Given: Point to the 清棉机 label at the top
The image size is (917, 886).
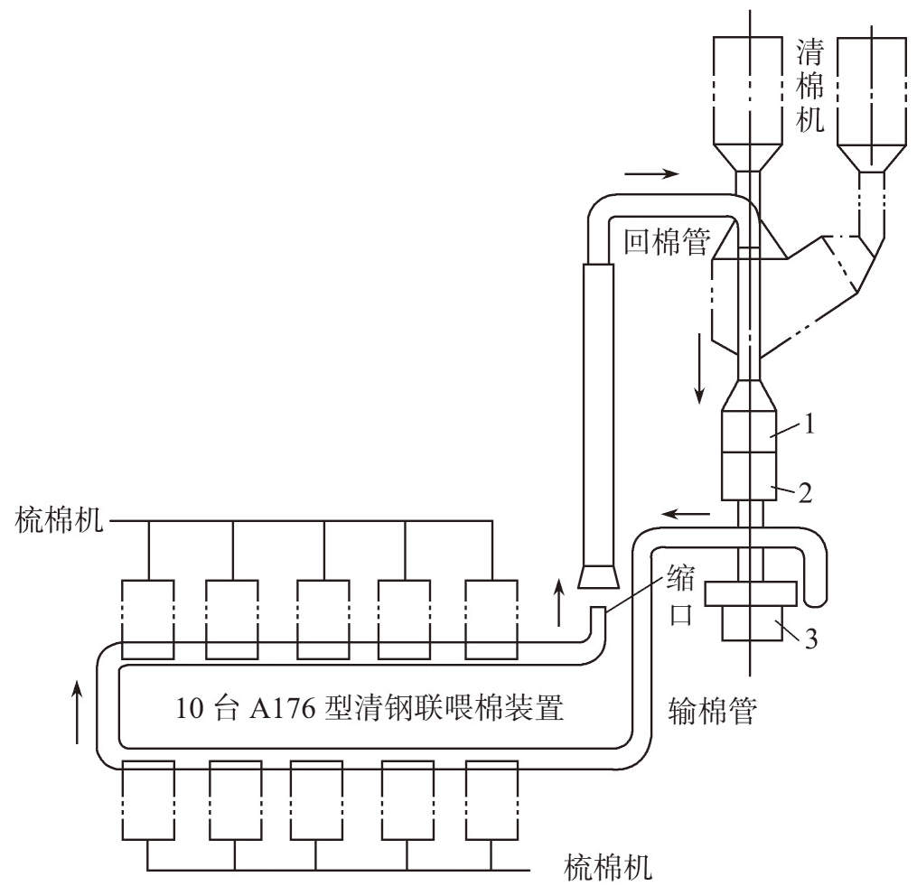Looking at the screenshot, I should coord(809,83).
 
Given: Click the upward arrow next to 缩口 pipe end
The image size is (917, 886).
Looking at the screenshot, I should coord(560,602).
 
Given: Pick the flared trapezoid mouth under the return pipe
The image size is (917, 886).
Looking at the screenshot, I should coord(597,576).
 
